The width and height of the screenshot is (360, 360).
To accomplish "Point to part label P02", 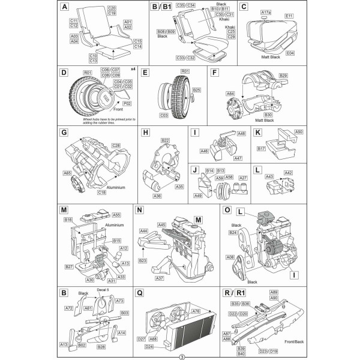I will click(x=127, y=103).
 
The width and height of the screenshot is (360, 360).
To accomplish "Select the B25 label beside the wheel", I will click(x=196, y=90).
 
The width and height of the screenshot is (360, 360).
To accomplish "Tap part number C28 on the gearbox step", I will click(x=116, y=146).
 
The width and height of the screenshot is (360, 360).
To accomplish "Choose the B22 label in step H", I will click(x=165, y=140).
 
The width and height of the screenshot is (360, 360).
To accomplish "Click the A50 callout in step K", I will click(x=299, y=131).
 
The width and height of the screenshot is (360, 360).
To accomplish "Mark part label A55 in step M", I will click(x=116, y=214).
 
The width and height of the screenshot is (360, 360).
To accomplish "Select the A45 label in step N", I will click(x=161, y=225).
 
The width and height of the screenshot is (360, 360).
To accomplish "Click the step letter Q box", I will click(x=140, y=293).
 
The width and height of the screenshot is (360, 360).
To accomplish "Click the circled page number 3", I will click(x=179, y=356).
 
